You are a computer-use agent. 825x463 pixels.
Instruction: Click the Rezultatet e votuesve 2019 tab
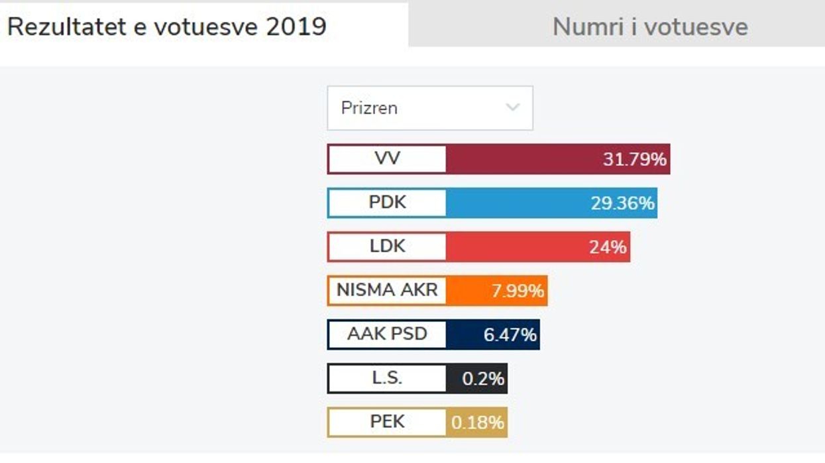[x=167, y=26]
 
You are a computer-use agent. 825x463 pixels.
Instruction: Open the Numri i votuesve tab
[x=649, y=26]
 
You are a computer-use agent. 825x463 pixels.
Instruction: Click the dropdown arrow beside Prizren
[x=512, y=107]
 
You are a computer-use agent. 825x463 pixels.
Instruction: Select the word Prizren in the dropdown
[x=369, y=108]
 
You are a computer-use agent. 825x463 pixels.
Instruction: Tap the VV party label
[x=387, y=159]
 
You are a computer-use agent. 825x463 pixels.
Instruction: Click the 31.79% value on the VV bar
[x=634, y=160]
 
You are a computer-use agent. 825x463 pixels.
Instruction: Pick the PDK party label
[x=387, y=203]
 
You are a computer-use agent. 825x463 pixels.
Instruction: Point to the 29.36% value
[x=622, y=203]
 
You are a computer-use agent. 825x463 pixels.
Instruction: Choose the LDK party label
[x=387, y=246]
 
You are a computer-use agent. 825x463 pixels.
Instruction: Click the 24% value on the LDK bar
[x=608, y=247]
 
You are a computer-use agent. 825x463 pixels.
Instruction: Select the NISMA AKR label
[x=387, y=290]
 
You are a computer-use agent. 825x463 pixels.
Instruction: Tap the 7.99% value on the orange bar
[x=518, y=291]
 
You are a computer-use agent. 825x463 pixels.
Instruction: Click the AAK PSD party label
[x=387, y=334]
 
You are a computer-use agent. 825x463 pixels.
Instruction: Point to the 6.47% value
[x=510, y=334]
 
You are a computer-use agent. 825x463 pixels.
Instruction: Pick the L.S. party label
[x=387, y=378]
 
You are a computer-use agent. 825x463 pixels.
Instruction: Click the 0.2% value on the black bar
[x=483, y=379]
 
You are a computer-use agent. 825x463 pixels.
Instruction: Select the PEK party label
[x=387, y=422]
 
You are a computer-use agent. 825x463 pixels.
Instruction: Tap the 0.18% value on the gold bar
[x=478, y=423]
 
